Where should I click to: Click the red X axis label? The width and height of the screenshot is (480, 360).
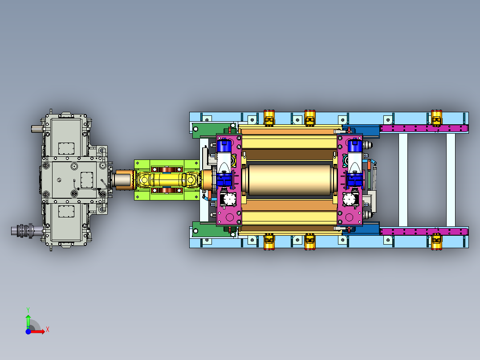[x=48, y=330]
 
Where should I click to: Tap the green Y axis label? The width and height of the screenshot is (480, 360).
[x=28, y=310]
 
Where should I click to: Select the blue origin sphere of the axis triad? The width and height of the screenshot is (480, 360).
[x=28, y=331]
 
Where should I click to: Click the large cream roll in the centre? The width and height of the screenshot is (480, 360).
[x=289, y=180]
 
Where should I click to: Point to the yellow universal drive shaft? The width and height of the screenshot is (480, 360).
[x=167, y=180]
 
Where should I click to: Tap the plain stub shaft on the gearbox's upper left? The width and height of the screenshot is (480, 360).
[x=37, y=129]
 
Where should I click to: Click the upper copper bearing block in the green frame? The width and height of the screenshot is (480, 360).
[x=167, y=169]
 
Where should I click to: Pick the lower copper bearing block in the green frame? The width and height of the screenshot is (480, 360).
[x=167, y=190]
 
